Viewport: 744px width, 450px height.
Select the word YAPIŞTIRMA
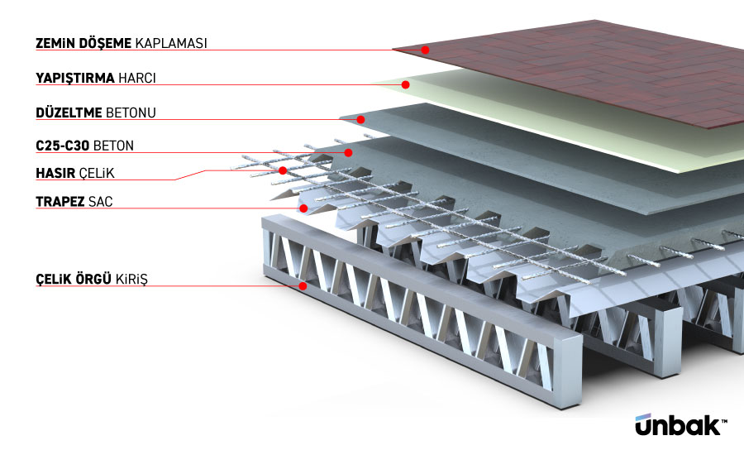(73, 79)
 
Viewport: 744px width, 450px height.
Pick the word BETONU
(131, 112)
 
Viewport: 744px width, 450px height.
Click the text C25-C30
(63, 146)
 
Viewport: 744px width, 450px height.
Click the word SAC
(99, 201)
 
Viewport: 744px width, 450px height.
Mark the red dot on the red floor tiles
(426, 50)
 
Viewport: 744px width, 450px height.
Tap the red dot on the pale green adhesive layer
(406, 84)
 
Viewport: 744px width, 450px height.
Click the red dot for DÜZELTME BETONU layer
(360, 119)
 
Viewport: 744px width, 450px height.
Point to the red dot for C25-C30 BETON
(349, 152)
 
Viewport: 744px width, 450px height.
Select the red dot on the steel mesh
(283, 170)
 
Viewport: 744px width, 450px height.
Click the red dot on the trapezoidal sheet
(304, 208)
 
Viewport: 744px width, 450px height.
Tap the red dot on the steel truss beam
(303, 286)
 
